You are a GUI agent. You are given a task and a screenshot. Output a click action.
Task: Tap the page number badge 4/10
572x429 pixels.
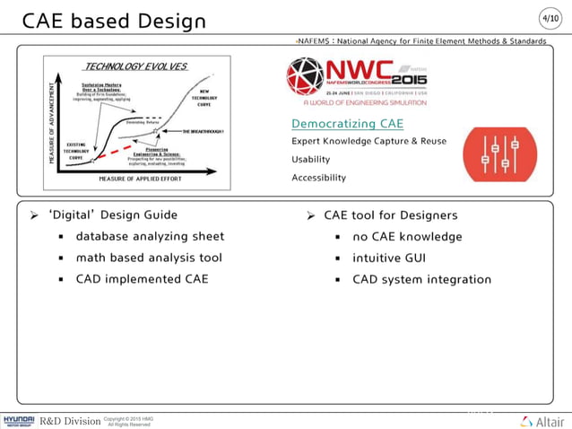[550, 18]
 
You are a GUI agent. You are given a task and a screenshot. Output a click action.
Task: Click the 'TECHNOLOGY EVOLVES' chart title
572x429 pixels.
[135, 66]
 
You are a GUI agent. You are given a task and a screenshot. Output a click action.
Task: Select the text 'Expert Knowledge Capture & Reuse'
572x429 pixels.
[368, 142]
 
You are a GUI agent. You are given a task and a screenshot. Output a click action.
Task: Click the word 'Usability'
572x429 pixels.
[311, 160]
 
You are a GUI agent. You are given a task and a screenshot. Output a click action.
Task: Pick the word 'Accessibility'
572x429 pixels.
[318, 178]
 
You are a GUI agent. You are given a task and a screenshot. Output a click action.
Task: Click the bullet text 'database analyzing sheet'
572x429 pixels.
[150, 237]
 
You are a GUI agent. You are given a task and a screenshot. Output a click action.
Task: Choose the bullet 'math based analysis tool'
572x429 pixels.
[149, 258]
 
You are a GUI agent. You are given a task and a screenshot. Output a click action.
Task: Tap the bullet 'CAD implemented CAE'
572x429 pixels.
[142, 279]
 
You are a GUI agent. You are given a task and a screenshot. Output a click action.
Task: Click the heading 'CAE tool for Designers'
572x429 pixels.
[390, 215]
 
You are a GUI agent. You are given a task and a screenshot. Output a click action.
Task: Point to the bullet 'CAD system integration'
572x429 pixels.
[421, 279]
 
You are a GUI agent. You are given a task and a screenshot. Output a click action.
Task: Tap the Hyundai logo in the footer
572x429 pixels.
[19, 420]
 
